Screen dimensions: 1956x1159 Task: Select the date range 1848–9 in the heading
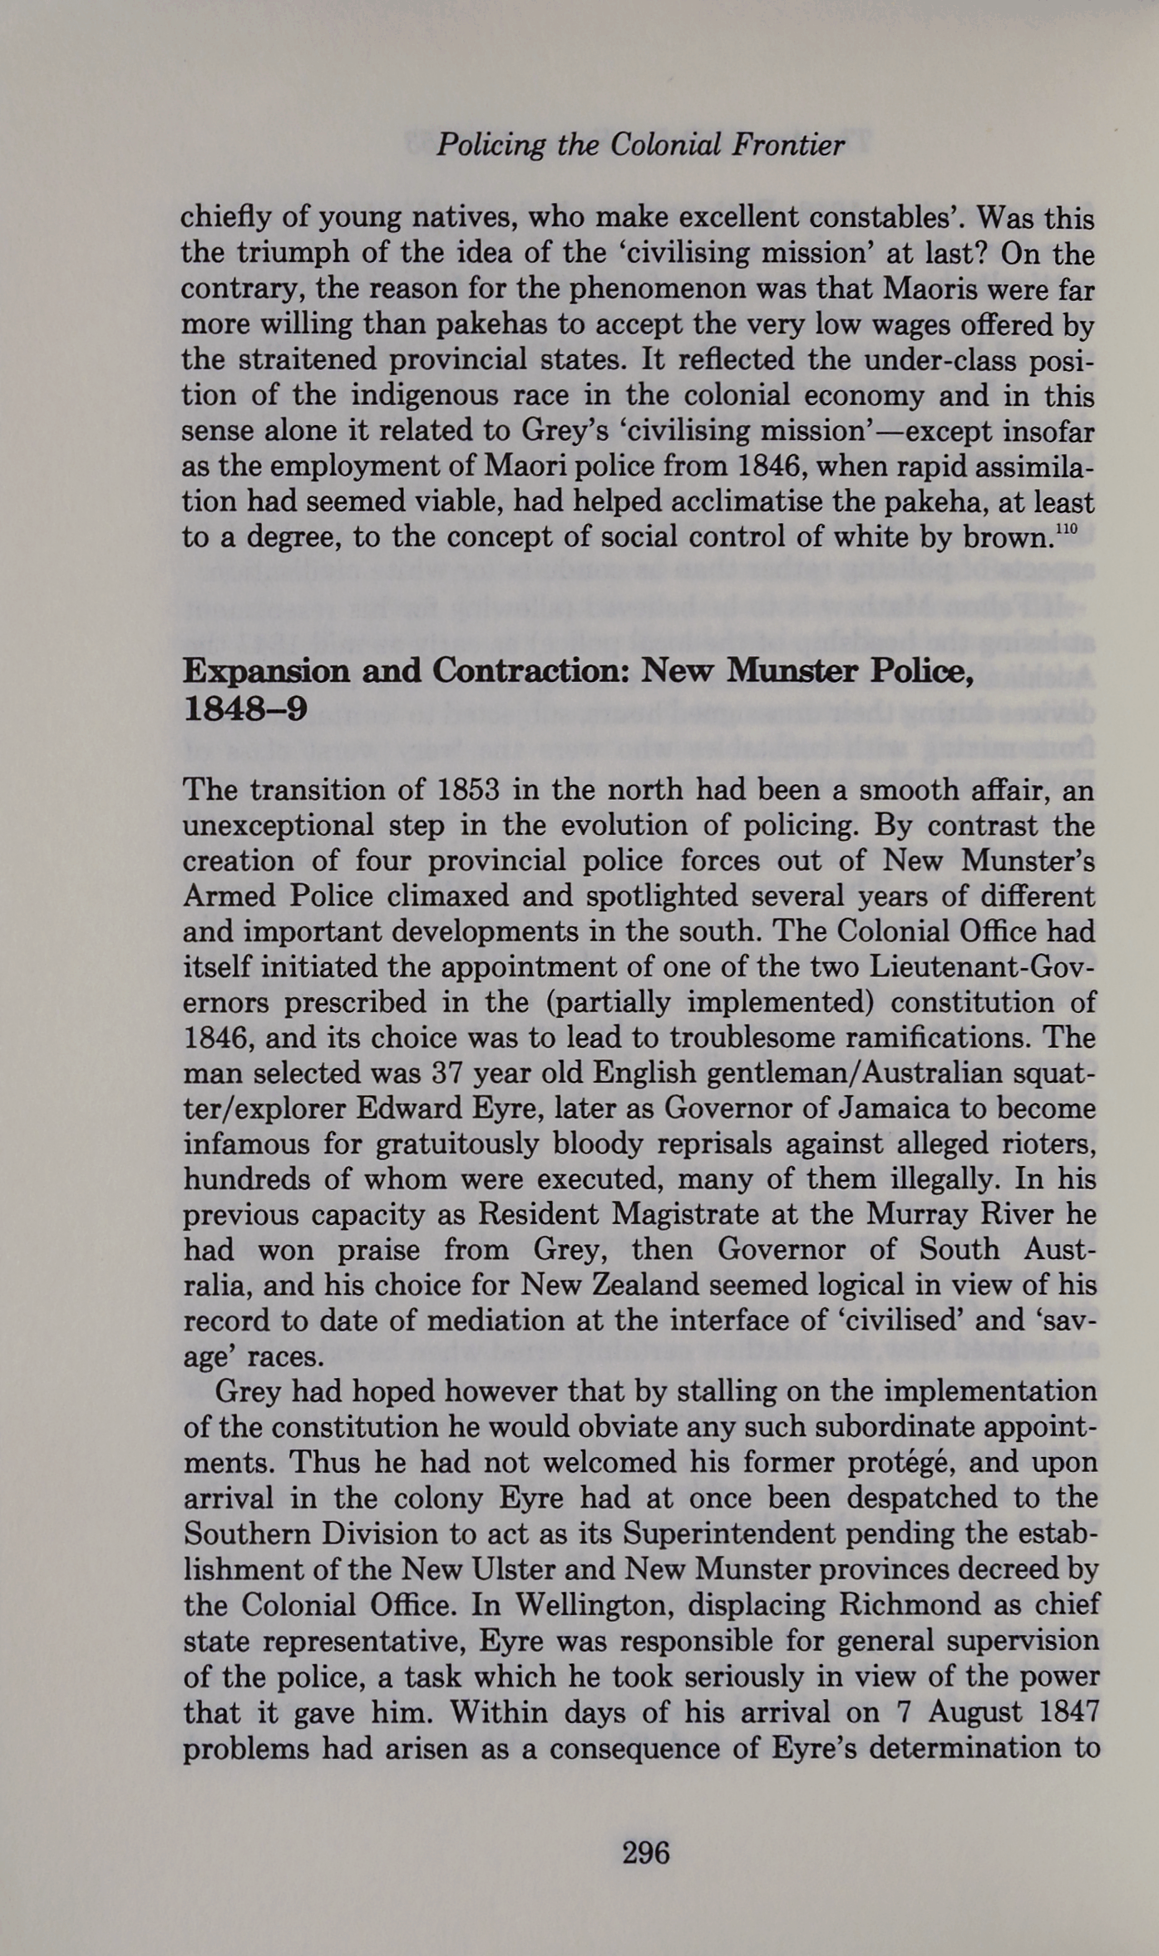245,709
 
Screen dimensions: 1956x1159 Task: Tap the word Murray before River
916,1215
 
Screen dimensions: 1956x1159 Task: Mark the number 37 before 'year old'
450,1073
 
